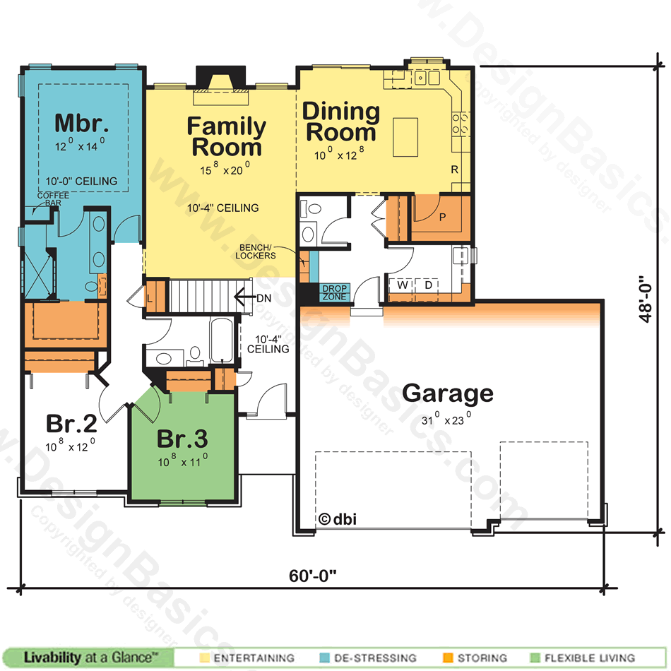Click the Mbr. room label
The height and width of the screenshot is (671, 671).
(x=81, y=123)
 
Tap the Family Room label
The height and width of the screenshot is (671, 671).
(x=227, y=136)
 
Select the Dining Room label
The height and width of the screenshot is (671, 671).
(x=341, y=121)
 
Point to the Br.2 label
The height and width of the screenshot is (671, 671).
(x=71, y=423)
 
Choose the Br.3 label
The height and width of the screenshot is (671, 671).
(x=182, y=439)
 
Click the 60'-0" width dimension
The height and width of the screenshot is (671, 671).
(x=313, y=576)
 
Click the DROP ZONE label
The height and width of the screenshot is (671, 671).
(x=335, y=292)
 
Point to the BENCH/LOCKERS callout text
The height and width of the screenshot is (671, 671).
(x=256, y=251)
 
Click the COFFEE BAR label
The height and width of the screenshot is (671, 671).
(x=53, y=199)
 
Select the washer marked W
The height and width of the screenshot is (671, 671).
(x=403, y=285)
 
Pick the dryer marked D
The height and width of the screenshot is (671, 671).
(x=428, y=285)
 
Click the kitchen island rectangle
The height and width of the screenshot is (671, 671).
(x=405, y=137)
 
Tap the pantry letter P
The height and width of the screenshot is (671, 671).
(x=442, y=218)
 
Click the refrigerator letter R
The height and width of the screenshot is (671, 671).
(x=454, y=170)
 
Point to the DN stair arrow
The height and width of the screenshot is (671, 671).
(x=245, y=297)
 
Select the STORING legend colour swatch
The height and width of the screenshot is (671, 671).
(x=448, y=658)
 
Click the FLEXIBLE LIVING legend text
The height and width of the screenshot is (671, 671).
(x=590, y=658)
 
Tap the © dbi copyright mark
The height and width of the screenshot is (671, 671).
(x=338, y=519)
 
